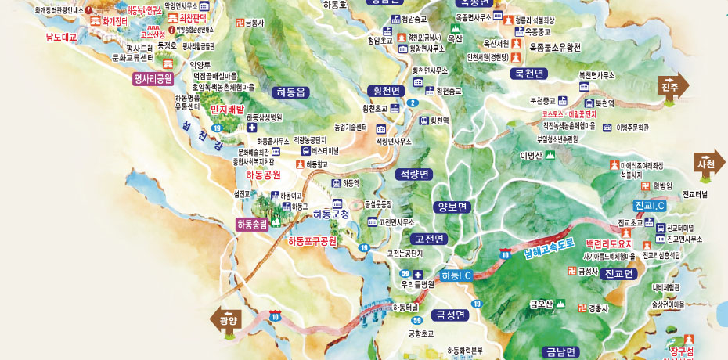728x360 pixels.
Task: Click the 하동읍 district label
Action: click(290, 92)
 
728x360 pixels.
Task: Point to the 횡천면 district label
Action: click(386, 92)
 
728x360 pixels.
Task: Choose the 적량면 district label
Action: click(414, 174)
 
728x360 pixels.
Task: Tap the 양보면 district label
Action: click(452, 207)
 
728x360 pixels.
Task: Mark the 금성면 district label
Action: click(451, 315)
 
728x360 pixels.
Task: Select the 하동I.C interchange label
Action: click(456, 275)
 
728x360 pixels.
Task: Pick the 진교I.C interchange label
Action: click(650, 205)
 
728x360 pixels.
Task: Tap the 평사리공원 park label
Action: click(153, 78)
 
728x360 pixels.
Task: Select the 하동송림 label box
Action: click(252, 224)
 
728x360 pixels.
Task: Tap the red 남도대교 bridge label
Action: click(62, 37)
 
